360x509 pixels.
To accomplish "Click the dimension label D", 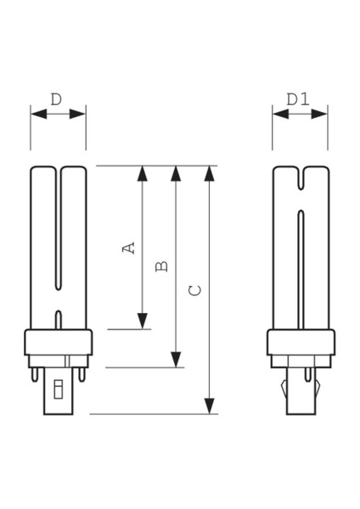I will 56,99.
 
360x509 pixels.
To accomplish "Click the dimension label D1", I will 297,99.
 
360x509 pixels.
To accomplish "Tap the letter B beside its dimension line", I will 162,266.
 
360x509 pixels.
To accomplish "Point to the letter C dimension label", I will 196,289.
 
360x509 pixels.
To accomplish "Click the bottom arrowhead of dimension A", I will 143,321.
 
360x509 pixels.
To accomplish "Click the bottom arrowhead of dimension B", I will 177,360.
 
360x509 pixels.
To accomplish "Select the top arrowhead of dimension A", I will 143,174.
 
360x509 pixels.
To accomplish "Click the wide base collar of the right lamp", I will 299,344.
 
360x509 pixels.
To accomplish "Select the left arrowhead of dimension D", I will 35,112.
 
